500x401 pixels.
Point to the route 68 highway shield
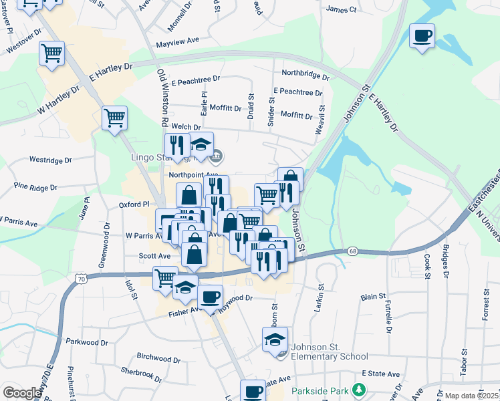(x=352, y=251)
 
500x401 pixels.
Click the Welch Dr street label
(x=186, y=126)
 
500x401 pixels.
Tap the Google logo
(x=22, y=393)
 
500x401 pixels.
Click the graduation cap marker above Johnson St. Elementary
(x=275, y=340)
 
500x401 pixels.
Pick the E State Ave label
(x=380, y=374)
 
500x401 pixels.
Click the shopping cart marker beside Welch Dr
(x=114, y=118)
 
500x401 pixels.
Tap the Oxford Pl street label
(x=134, y=205)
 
